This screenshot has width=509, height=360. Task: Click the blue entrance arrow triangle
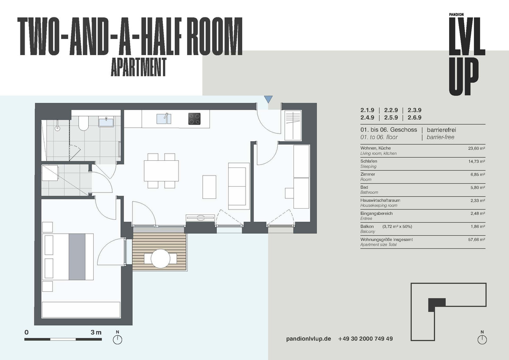coord(268,100)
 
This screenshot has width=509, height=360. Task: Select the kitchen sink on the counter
coord(164,118)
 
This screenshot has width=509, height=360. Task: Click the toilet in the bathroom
coord(83,123)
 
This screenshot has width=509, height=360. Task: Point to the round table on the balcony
coord(161,258)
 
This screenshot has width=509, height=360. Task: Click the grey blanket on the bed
coord(77,257)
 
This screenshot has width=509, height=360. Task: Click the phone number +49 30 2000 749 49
coord(365,339)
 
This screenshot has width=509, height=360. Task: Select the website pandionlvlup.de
coord(308,339)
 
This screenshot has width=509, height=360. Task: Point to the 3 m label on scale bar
coord(96,332)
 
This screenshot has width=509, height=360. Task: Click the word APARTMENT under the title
coord(138,67)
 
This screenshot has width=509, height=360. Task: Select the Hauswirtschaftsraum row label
coord(380,200)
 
